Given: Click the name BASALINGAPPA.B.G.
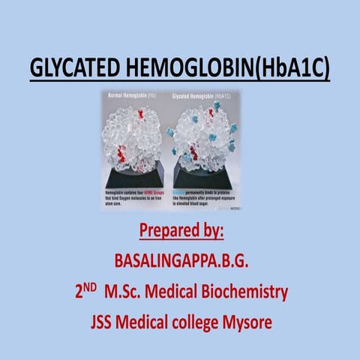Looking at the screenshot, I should click(x=180, y=262).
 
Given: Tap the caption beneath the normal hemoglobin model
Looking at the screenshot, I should click(x=137, y=196).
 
